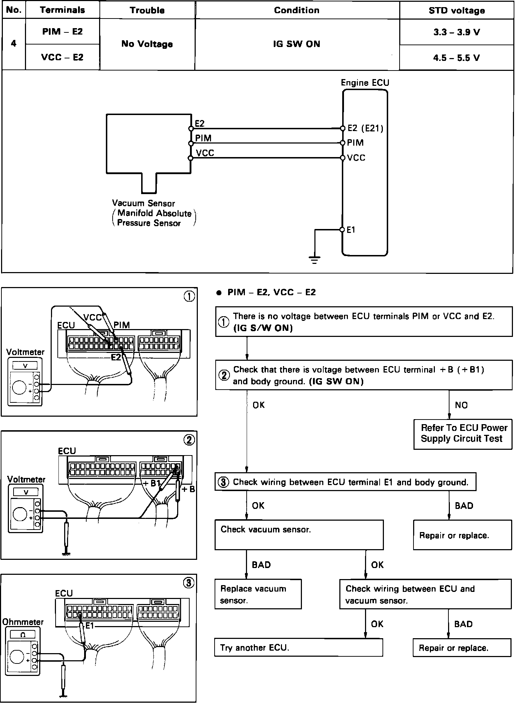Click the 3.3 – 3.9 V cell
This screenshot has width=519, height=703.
[x=456, y=32]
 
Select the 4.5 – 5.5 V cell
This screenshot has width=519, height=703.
[x=456, y=58]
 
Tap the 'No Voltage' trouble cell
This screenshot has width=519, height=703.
[x=147, y=44]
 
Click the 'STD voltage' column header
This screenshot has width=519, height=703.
[x=456, y=10]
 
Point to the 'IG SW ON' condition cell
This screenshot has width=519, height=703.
[x=297, y=44]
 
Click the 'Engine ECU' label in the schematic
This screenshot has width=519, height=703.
[x=365, y=83]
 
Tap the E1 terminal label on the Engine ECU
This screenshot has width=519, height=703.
[x=351, y=230]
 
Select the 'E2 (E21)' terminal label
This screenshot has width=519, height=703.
[x=365, y=128]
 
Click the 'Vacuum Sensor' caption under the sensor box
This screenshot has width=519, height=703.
[x=143, y=203]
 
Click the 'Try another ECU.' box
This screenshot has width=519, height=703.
[x=298, y=647]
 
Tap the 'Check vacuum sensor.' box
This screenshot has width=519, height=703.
[x=299, y=534]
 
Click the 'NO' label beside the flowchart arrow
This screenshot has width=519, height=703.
[x=461, y=405]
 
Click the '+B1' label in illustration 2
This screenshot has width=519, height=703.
[x=151, y=484]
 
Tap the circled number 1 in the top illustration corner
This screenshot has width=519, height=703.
[x=189, y=296]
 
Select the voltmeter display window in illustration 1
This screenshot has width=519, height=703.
[x=25, y=365]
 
